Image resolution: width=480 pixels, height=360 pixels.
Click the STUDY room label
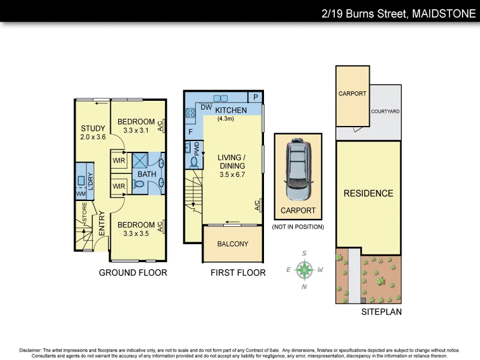click(x=93, y=128)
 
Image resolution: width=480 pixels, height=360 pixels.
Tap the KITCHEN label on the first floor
click(x=231, y=110)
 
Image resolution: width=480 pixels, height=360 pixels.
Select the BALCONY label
click(x=233, y=244)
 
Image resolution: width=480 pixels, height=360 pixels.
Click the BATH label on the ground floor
click(x=147, y=175)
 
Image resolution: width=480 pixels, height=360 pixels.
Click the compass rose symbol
click(x=305, y=269)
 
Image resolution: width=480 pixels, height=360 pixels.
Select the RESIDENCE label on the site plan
click(x=368, y=193)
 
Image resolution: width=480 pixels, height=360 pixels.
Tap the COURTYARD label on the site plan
click(x=385, y=112)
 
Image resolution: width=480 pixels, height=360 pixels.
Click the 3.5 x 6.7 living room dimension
click(x=232, y=175)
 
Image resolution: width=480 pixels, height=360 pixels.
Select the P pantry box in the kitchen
click(x=255, y=97)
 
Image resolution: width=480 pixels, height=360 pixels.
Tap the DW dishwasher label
click(x=206, y=107)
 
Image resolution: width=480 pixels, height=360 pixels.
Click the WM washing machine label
click(x=80, y=194)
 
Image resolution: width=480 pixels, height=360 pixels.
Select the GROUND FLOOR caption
click(x=133, y=273)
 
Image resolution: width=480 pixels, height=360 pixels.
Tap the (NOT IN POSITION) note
click(x=298, y=227)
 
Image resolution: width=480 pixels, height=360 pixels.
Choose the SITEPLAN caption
click(x=382, y=312)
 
